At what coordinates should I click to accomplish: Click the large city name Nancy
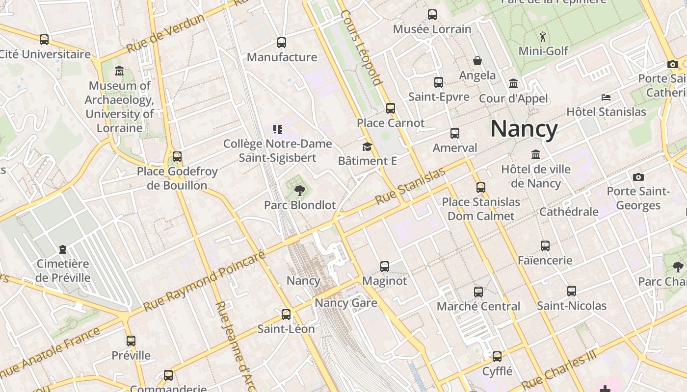point(524,129)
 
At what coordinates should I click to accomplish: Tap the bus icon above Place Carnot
point(391,108)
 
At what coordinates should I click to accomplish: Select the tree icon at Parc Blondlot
point(299,191)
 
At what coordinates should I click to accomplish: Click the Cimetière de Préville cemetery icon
point(63,249)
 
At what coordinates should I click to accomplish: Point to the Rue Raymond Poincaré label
point(204,282)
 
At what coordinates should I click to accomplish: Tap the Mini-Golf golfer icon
point(543,37)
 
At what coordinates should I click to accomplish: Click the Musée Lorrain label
point(432,29)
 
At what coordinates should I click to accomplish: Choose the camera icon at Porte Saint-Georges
point(638,177)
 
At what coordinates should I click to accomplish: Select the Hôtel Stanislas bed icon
point(606,97)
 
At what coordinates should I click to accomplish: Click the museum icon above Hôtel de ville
point(536,155)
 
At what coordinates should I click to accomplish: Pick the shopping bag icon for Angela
point(477,61)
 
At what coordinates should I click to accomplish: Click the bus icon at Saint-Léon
point(286,314)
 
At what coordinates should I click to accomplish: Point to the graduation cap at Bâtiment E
point(367,147)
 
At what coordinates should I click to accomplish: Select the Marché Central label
point(478,306)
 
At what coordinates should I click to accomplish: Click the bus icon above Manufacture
point(282,43)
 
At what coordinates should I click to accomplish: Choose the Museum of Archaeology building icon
point(119,71)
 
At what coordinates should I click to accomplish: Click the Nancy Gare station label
point(346,302)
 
